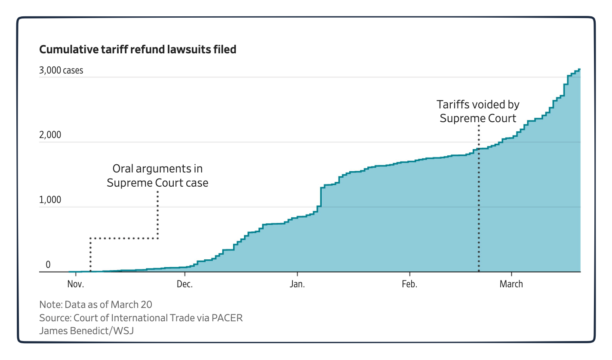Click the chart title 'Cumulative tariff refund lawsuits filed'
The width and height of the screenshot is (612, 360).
point(138,49)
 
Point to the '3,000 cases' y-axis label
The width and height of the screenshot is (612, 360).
point(61,71)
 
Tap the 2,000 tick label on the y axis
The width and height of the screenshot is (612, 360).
point(50,135)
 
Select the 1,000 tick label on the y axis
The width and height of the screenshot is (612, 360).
point(50,200)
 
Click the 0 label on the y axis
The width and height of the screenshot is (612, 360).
point(48,265)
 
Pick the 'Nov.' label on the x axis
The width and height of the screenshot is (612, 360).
point(76,284)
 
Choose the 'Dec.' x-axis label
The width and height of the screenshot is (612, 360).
point(185,284)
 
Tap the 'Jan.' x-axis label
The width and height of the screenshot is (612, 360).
point(297,284)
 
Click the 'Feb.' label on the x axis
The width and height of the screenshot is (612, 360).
point(409,284)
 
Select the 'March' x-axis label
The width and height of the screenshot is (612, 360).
point(511,284)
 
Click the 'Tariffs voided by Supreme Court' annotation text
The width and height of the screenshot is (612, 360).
point(478,111)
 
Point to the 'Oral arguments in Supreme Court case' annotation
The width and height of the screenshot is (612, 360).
point(157,175)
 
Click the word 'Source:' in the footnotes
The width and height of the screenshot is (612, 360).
point(55,318)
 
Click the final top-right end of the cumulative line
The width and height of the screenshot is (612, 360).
point(580,69)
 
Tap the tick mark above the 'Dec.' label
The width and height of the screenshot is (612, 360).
point(185,274)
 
